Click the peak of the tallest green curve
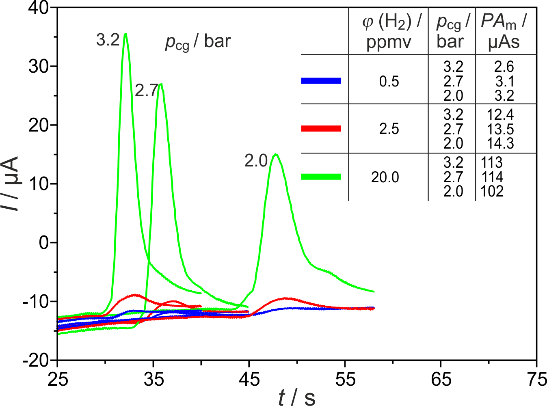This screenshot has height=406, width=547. pos(125,34)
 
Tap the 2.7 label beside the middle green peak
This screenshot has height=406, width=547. pos(146,91)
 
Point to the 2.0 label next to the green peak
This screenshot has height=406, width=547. pos(256,161)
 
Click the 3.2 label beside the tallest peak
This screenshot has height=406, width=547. pos(108,40)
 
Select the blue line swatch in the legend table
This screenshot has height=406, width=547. pos(321,81)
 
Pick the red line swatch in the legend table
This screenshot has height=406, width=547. pos(321,129)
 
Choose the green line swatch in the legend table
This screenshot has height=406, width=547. pos(321,177)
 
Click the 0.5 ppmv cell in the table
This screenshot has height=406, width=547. pos(389,82)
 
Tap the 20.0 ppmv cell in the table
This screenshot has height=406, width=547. pos(385,177)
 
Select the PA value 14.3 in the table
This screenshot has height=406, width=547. pos(500,143)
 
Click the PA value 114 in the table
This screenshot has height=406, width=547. pos(492,177)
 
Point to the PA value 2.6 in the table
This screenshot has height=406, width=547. pos(504,67)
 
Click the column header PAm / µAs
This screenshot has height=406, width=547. pos(504,31)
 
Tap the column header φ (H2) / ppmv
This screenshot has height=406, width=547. pos(389,31)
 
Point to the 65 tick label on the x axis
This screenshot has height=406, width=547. pos(441,380)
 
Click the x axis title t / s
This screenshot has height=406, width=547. pos(297,397)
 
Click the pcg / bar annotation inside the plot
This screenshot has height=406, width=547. pos(198,42)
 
